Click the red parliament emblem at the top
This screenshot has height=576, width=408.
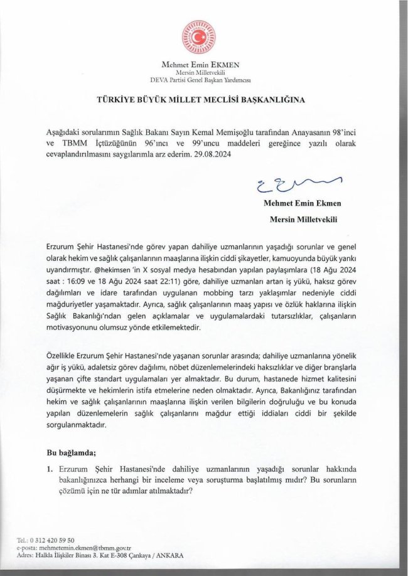click(197, 38)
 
